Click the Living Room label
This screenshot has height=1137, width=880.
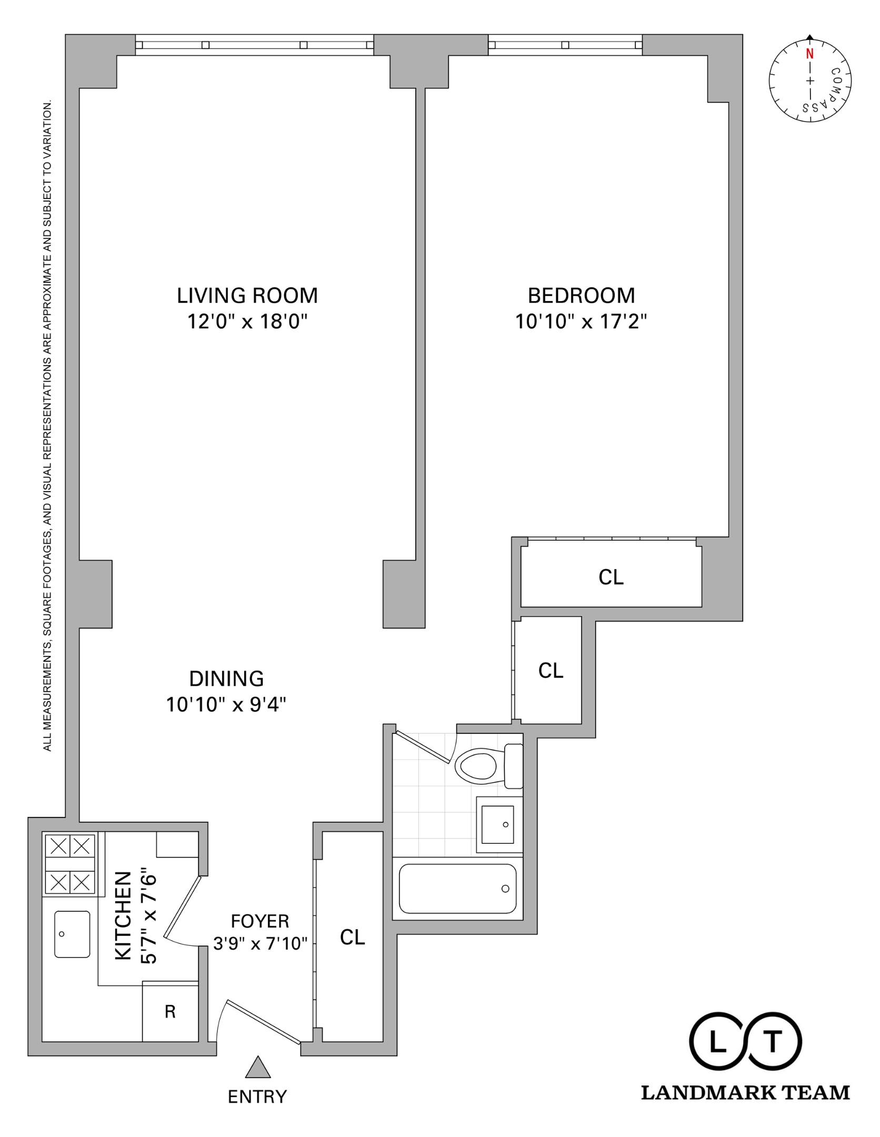[247, 295]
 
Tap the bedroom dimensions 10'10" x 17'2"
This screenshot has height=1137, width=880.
[581, 321]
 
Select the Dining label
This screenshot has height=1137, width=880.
[226, 679]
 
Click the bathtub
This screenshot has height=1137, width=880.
[457, 889]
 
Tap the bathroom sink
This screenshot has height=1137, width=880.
[497, 824]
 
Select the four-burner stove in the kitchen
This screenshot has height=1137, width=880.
[69, 864]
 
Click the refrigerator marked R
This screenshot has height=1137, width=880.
[170, 1012]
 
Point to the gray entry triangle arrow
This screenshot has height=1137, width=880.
[258, 1068]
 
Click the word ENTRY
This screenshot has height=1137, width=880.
[257, 1097]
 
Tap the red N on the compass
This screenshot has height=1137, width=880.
[809, 54]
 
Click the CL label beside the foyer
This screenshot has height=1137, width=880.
[352, 937]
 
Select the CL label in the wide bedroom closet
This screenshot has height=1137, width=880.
[611, 577]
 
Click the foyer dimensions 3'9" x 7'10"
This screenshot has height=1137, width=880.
[260, 943]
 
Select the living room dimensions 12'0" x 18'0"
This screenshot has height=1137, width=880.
[247, 321]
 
